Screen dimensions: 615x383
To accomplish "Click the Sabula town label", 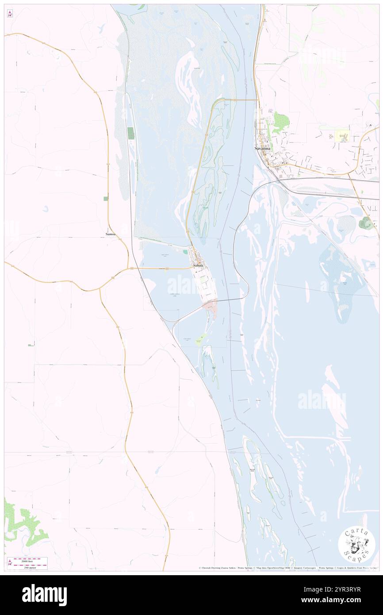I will click(x=198, y=265).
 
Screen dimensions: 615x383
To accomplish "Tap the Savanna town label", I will click(x=263, y=149).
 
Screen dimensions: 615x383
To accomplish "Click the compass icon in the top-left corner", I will click(x=10, y=14).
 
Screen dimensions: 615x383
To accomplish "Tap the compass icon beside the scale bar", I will click(x=10, y=563).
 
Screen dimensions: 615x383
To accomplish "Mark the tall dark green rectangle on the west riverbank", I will click(x=130, y=133).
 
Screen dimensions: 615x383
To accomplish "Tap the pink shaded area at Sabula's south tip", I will click(x=211, y=306).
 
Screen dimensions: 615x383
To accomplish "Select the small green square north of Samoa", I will click(x=106, y=199).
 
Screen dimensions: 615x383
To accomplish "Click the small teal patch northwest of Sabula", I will click(x=185, y=251).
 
